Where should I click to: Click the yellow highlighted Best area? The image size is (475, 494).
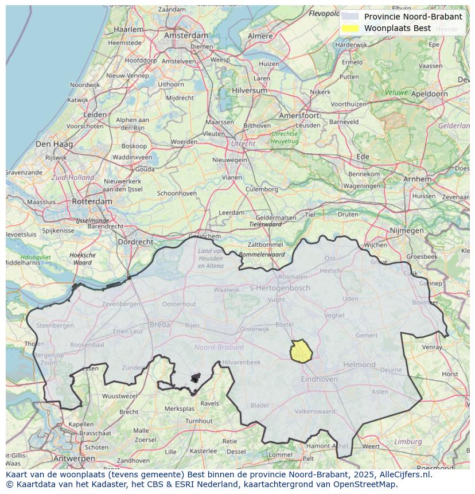pyautogui.click(x=300, y=351)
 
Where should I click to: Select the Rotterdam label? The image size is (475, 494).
pyautogui.click(x=92, y=201)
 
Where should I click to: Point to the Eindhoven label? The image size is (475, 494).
pyautogui.click(x=319, y=379)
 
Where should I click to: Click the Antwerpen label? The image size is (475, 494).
pyautogui.click(x=73, y=459)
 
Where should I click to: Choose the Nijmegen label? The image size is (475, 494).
pyautogui.click(x=406, y=231)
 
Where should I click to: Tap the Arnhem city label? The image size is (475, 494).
pyautogui.click(x=417, y=179)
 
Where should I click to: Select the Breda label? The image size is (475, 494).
pyautogui.click(x=159, y=325)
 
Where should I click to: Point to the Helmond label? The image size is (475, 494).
pyautogui.click(x=359, y=364)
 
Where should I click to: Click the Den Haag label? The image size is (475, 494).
pyautogui.click(x=53, y=144)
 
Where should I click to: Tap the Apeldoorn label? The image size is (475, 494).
pyautogui.click(x=430, y=94)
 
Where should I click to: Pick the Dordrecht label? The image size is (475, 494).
pyautogui.click(x=135, y=242)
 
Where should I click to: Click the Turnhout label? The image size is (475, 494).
pyautogui.click(x=198, y=421)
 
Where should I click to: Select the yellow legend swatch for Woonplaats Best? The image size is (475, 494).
pyautogui.click(x=350, y=28)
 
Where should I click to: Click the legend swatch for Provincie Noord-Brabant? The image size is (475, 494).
pyautogui.click(x=350, y=17)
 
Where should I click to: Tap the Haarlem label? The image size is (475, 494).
pyautogui.click(x=129, y=29)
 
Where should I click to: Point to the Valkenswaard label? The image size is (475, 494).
pyautogui.click(x=314, y=411)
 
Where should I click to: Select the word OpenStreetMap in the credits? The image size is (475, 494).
pyautogui.click(x=365, y=484)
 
